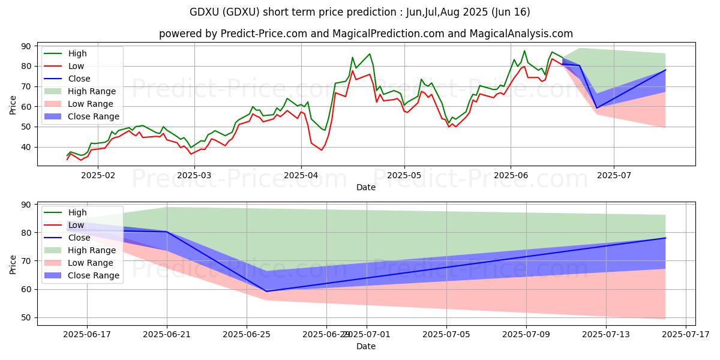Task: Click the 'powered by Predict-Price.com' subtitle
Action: point(365,34)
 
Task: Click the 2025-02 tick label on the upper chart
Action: point(98,175)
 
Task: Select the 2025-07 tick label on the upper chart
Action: point(614,175)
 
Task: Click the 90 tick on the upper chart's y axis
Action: point(28,46)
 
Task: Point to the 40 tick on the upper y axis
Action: point(28,147)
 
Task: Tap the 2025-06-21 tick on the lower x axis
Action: point(167,334)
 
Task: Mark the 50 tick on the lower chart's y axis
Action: point(28,317)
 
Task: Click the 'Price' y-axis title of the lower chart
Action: point(13,263)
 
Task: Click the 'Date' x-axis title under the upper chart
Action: point(365,187)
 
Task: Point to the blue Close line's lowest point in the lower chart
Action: point(266,291)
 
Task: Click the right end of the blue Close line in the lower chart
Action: point(665,238)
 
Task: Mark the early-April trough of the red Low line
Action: point(321,149)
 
